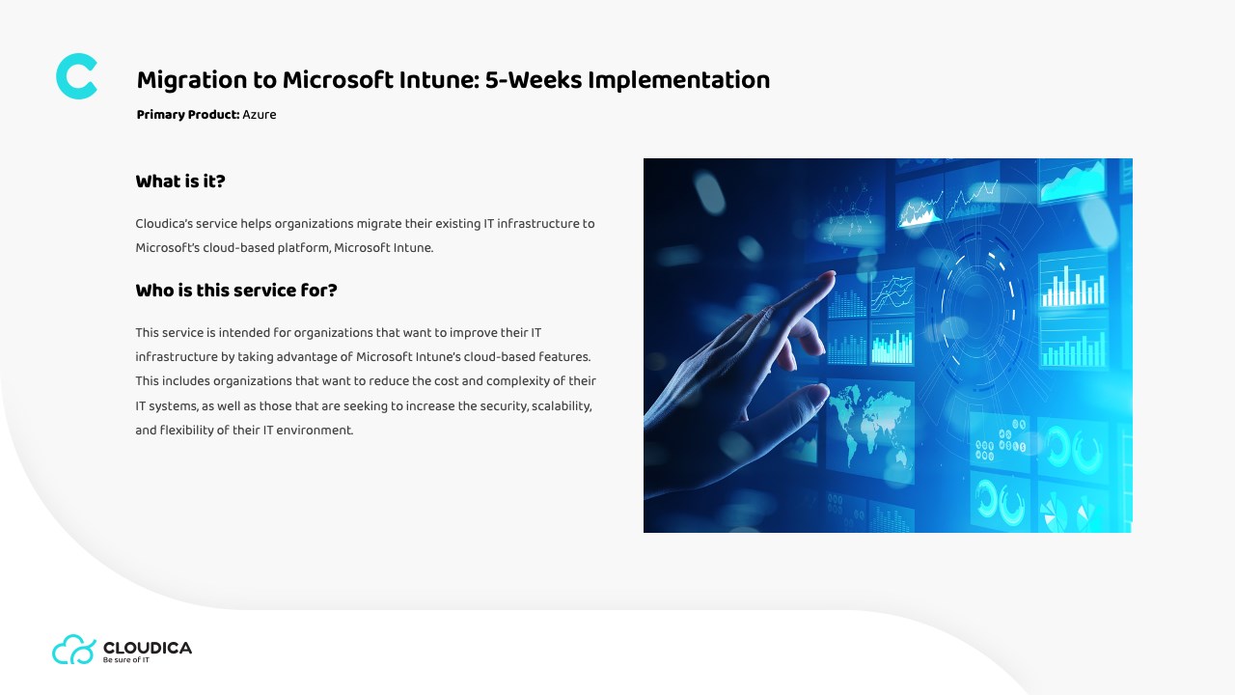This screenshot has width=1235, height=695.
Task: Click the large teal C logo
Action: coord(76,76)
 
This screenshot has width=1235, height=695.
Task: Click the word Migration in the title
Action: coord(192,80)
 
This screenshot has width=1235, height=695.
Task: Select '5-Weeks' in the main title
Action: coord(534,80)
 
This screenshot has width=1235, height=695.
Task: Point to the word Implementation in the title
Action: coord(678,80)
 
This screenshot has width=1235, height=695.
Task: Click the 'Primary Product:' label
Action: coord(188,115)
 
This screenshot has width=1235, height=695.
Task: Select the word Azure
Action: coord(260,115)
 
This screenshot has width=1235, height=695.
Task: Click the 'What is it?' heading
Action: coord(180,181)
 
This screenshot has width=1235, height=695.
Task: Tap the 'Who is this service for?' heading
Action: coord(236,291)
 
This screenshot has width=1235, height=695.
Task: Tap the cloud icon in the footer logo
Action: coord(74,650)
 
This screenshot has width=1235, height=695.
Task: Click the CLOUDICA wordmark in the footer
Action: coord(148,648)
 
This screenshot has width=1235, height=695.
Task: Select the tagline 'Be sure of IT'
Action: coord(125,659)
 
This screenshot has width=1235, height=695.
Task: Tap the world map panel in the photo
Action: coord(870,424)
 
